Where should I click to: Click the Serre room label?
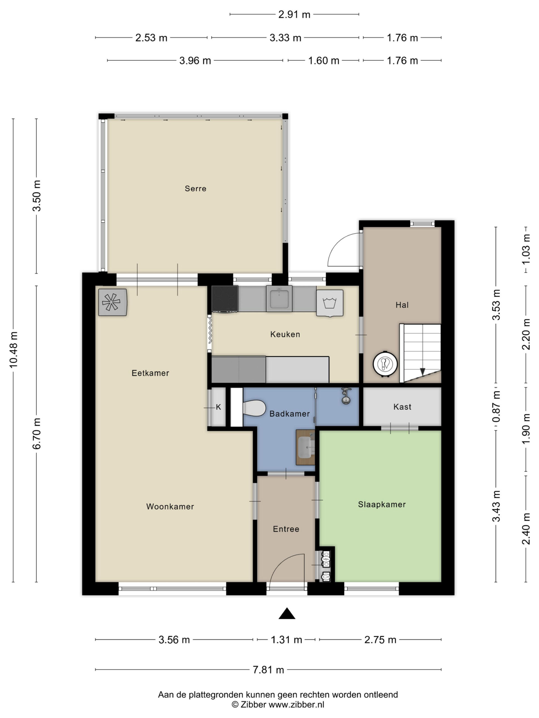coord(195,188)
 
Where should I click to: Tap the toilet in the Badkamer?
coord(254,408)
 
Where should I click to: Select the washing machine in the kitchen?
coord(330,303)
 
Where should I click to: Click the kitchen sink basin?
coord(279,299)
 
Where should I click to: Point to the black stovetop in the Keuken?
coord(225,299)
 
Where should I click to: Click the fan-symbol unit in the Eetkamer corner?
coord(112,302)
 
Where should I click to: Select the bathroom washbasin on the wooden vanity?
coord(306,447)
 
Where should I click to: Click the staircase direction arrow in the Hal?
coord(422,371)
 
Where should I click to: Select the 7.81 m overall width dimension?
coord(268,669)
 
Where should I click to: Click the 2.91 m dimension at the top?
coord(294,15)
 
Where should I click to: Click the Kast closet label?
coord(402,407)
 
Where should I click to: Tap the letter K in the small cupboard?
coord(218,407)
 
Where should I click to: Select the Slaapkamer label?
coord(382,504)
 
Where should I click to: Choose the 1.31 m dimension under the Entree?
coord(286,639)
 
